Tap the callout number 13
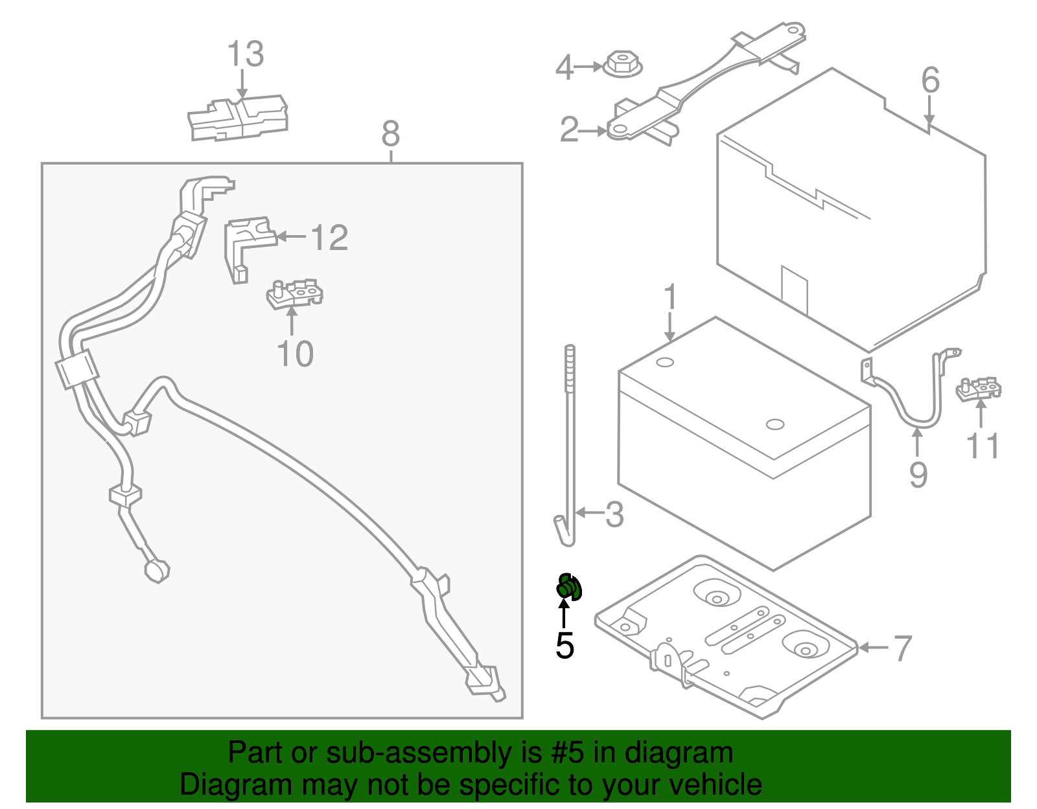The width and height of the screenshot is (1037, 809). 246,54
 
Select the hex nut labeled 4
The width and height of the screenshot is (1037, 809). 622,65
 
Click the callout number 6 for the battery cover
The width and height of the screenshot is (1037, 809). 930,81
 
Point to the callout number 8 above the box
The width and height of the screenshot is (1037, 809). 390,135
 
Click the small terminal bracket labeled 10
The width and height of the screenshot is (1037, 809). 295,293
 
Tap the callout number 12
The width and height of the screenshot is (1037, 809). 330,238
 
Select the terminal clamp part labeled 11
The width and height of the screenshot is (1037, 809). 979,390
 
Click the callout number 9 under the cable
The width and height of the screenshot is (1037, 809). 918,475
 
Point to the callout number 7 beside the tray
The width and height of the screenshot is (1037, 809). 902,648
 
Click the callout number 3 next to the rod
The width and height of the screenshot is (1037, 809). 614,514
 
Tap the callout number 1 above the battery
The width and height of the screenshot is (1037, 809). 670,297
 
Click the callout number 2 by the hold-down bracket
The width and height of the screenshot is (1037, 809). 568,130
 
